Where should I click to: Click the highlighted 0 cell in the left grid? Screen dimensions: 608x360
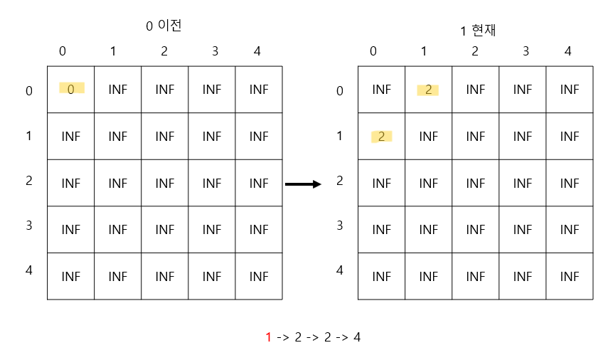71,89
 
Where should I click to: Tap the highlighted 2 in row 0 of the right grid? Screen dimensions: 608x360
428,90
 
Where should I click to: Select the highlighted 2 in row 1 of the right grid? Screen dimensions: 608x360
381,137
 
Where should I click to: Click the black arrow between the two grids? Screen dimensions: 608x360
303,184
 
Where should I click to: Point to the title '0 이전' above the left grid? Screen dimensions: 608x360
164,26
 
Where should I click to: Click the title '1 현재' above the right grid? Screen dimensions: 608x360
477,31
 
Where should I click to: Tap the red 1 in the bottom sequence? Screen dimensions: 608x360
269,337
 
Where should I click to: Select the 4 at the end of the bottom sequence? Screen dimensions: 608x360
357,337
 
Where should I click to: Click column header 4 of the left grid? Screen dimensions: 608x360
257,51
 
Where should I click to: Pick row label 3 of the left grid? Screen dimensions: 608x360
28,226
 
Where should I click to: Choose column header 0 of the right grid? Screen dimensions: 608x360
373,51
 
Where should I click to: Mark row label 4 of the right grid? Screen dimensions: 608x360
340,270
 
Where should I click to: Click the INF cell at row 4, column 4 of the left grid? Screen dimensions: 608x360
259,276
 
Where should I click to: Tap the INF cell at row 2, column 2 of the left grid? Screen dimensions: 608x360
165,183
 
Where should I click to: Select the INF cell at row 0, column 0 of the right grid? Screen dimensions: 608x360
382,90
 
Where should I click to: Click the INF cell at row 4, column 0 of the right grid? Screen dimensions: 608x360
382,276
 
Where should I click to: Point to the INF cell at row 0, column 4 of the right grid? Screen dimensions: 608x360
570,90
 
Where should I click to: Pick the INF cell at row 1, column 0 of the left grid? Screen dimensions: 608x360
71,136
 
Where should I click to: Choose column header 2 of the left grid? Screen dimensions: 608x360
164,51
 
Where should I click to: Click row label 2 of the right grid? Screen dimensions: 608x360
340,181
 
